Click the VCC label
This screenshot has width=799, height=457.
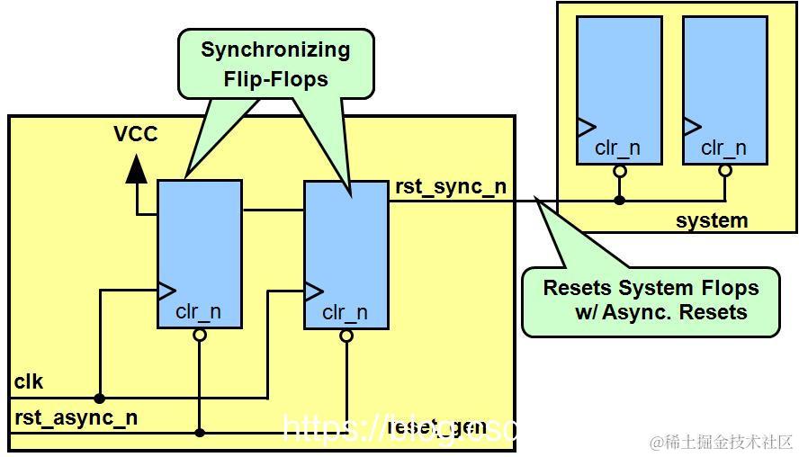(136, 134)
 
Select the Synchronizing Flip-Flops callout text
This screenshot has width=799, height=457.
(274, 64)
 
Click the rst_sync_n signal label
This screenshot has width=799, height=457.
(450, 187)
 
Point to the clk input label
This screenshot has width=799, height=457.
(28, 381)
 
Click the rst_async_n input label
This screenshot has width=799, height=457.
(76, 417)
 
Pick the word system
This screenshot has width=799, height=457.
(711, 220)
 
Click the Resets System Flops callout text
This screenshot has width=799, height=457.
(651, 300)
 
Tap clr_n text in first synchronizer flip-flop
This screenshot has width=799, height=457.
(198, 312)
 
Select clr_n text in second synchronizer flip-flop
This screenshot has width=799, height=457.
(345, 313)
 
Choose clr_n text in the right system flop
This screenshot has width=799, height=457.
(723, 148)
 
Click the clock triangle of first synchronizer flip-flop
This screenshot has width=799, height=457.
(166, 290)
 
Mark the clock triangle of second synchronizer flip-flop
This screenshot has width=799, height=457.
(313, 291)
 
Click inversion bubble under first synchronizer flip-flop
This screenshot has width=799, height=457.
(200, 335)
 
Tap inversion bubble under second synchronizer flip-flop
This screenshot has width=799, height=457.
(346, 336)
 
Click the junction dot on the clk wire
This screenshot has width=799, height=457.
(100, 398)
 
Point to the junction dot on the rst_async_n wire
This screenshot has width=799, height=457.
(200, 433)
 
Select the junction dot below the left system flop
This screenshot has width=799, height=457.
(619, 200)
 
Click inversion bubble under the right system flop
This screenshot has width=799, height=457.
(725, 169)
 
